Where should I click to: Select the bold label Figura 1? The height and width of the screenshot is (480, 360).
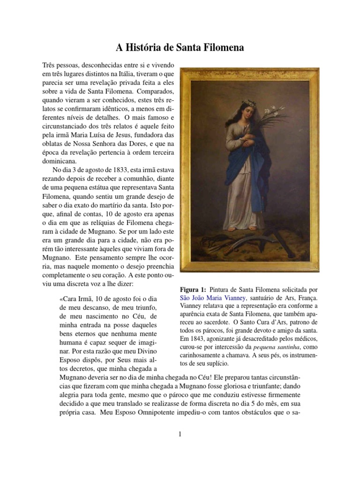pyautogui.click(x=193, y=290)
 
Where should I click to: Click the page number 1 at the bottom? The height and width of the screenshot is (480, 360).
pyautogui.click(x=180, y=434)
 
